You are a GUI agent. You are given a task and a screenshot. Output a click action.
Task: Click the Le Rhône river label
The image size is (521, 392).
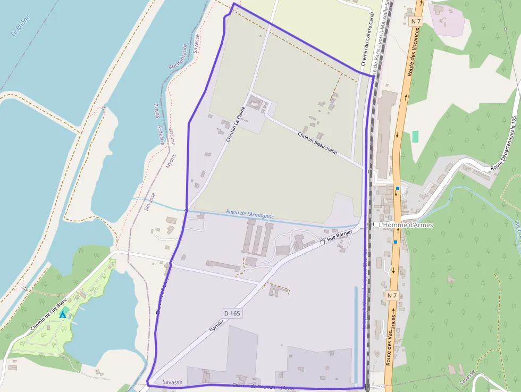[21, 26]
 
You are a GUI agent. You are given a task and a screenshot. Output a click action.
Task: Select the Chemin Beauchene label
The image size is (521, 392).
[318, 143]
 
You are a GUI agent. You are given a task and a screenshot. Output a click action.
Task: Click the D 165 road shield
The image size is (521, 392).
[232, 313]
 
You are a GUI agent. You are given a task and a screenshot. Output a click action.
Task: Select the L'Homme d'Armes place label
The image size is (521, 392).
[406, 225]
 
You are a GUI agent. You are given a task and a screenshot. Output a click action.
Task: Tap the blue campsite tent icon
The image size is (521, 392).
[63, 314]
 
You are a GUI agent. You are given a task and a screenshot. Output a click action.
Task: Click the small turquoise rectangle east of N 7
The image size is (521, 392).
[415, 136]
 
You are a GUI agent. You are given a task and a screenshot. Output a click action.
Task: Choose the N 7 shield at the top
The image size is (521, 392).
[416, 21]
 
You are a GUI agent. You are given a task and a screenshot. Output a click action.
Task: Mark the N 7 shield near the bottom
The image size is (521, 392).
[392, 295]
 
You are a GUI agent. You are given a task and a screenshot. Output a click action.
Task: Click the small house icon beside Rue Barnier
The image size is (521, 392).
[322, 241]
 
